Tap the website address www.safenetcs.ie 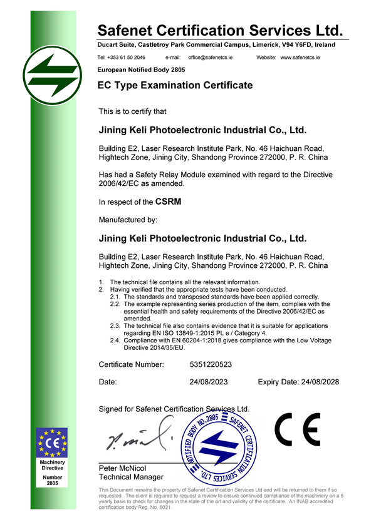(300, 57)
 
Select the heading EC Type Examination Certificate (175, 85)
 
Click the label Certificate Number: (132, 364)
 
